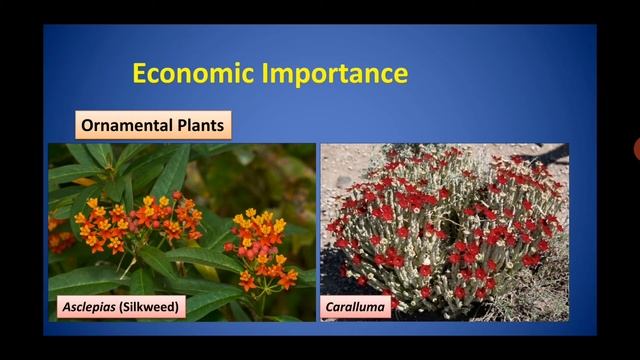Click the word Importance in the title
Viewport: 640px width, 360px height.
click(336, 74)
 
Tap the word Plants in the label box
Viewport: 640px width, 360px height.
click(202, 126)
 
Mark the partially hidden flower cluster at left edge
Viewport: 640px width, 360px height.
click(58, 238)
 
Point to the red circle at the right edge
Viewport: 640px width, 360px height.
click(637, 150)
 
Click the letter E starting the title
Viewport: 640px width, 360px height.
click(140, 74)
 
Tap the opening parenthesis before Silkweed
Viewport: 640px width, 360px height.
click(123, 306)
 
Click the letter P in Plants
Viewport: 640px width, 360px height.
click(183, 126)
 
